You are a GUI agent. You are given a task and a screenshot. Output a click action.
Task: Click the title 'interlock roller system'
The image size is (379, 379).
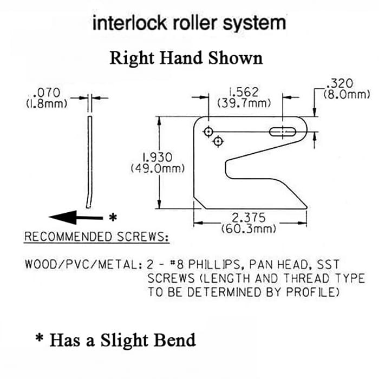point(190,23)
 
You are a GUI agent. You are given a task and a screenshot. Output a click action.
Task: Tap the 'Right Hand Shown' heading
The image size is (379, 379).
point(186,57)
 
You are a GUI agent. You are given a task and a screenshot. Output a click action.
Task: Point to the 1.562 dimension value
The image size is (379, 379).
point(244,92)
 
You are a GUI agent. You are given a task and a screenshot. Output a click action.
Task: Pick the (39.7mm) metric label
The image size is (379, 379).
point(244,102)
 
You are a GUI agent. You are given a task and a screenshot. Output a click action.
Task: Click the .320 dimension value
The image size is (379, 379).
point(341,84)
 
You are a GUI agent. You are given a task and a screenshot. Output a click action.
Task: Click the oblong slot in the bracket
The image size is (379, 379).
point(283,131)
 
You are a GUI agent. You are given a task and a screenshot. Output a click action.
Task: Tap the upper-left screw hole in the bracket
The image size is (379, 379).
point(208,132)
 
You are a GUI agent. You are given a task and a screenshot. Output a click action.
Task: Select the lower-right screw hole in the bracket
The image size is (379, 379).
point(219,142)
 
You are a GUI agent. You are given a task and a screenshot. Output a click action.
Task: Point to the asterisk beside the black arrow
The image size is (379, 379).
point(113,218)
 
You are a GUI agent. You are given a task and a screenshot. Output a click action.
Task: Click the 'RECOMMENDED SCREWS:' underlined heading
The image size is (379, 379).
point(96,237)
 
